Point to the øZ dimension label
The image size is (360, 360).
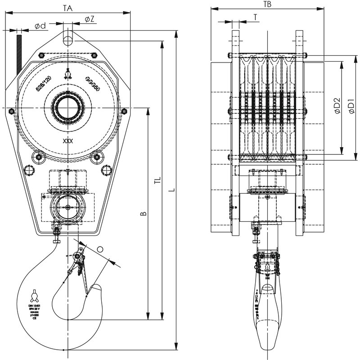click(89, 18)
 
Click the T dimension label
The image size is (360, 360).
click(255, 17)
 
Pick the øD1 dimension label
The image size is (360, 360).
click(351, 107)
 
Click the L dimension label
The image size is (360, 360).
click(171, 190)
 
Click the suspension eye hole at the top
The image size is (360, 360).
click(68, 40)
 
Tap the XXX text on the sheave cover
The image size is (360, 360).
click(68, 140)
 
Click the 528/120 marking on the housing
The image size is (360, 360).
click(44, 84)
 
